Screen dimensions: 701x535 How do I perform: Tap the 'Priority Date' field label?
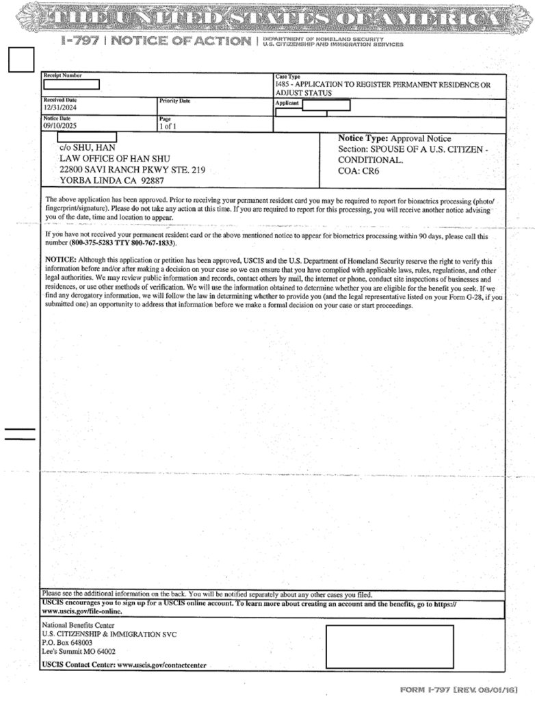(174, 101)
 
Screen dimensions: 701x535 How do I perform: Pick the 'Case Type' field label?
(287, 76)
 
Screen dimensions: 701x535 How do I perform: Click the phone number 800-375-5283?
(98, 243)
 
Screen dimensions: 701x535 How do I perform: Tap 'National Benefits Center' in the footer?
(79, 625)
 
